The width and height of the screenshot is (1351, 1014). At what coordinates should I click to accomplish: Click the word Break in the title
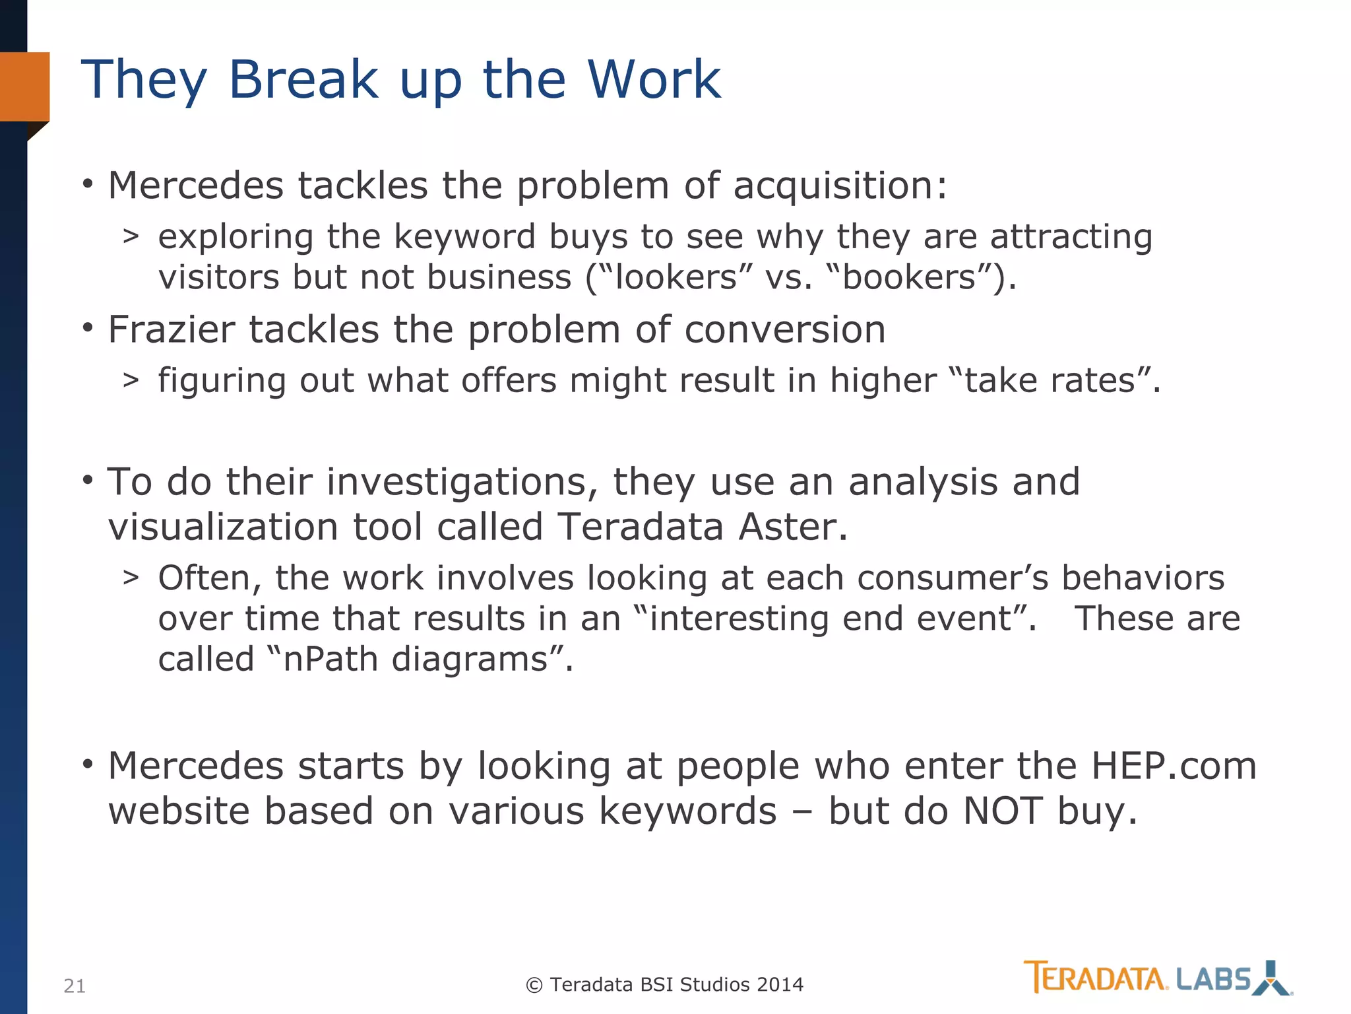click(303, 79)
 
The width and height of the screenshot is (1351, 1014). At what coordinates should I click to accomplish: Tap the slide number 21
click(75, 986)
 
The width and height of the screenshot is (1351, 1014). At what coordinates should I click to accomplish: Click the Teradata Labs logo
click(1158, 978)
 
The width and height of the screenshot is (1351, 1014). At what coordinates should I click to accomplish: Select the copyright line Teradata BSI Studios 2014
click(665, 984)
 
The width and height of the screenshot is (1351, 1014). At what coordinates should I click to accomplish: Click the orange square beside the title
click(25, 86)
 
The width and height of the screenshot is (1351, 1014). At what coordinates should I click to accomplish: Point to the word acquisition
click(839, 186)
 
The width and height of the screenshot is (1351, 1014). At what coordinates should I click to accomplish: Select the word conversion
click(785, 329)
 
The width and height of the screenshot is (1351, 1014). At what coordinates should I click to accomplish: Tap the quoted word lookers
click(675, 277)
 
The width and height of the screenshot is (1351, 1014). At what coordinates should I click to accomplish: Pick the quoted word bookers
click(910, 277)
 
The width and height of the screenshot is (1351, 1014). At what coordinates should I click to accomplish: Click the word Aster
click(792, 527)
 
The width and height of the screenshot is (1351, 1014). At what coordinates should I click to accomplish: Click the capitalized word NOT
click(1003, 811)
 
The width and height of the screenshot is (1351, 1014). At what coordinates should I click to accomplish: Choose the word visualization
click(224, 527)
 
